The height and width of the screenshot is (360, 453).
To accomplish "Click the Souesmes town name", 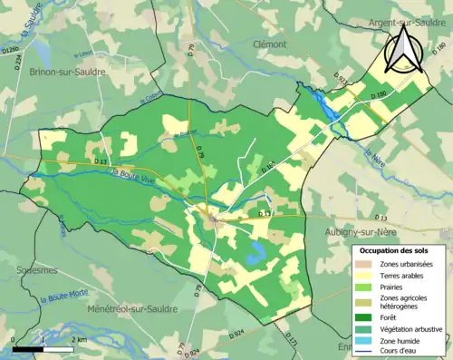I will click(x=33, y=270).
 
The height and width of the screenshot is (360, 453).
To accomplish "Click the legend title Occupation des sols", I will click(x=395, y=249).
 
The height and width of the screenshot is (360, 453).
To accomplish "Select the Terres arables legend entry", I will click(x=400, y=275).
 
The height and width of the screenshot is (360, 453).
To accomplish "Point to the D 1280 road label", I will click(x=11, y=56).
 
